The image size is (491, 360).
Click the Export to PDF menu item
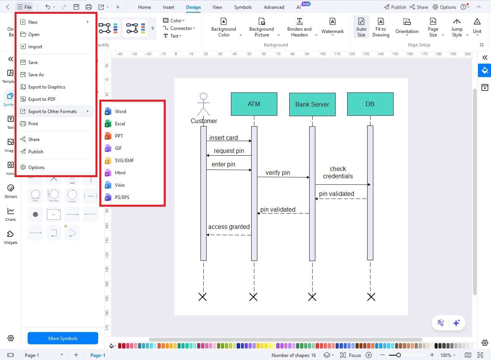coord(42,99)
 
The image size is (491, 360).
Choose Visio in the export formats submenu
coord(120,185)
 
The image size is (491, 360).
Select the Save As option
coord(36,75)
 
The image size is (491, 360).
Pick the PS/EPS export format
coord(122,197)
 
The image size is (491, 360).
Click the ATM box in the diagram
coord(254,104)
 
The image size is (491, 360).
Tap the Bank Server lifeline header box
coord(312,104)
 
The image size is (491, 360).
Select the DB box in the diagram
coord(370,104)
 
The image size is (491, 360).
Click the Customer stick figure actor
coord(204,104)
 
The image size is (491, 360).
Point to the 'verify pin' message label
coord(278,173)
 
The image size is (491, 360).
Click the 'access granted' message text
coord(229,227)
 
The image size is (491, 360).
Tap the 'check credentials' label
coord(338,173)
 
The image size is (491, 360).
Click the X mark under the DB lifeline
coord(371,297)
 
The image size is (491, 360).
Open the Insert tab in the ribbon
coord(168,7)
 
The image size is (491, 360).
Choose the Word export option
coord(120,112)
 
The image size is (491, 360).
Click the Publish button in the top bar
coord(395,7)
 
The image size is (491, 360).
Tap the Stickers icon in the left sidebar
coord(11,191)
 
